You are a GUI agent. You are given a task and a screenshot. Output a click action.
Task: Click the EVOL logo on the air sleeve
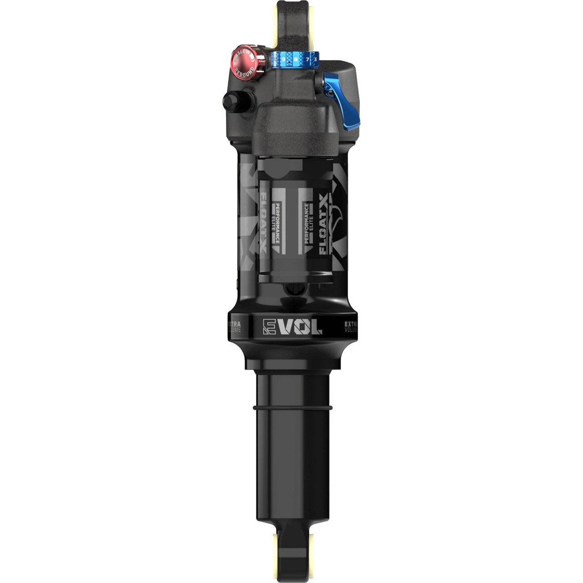(292, 326)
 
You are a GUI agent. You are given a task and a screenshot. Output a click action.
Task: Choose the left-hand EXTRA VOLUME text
(234, 327)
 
